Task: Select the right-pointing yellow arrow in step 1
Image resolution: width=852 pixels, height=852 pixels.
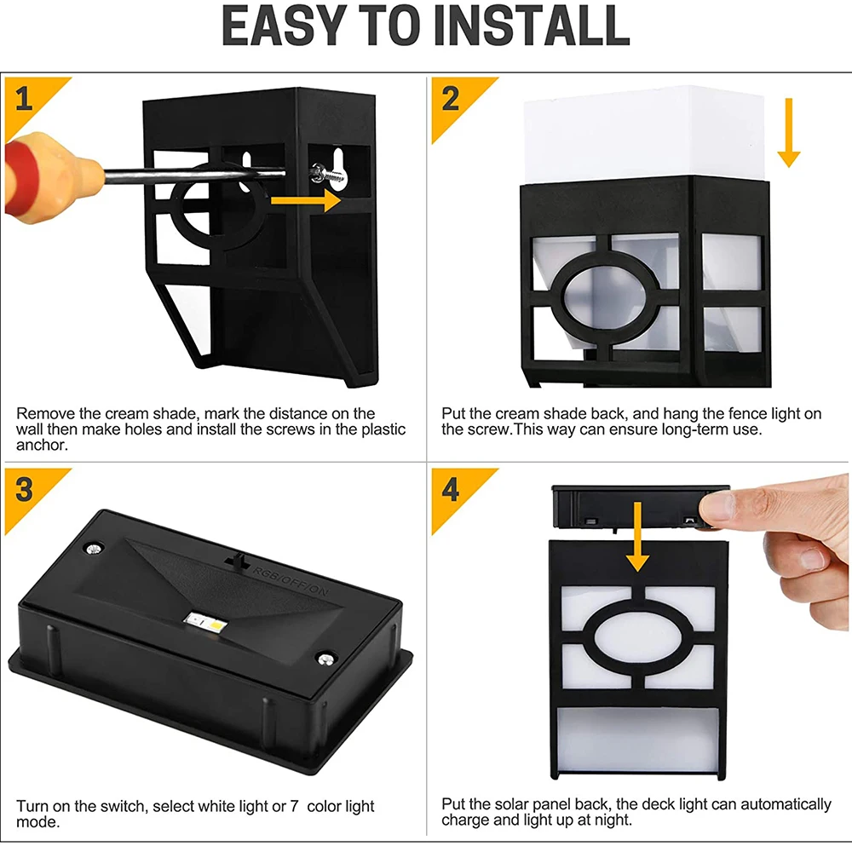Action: [x=305, y=200]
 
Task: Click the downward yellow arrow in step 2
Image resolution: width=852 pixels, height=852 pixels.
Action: [x=788, y=133]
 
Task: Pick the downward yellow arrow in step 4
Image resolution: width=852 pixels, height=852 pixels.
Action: [x=637, y=536]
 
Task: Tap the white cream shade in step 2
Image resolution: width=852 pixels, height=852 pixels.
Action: [x=644, y=133]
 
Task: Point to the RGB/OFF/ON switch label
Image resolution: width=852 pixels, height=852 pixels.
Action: [x=291, y=580]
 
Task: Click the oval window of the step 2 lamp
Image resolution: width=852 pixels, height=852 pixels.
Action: [x=607, y=296]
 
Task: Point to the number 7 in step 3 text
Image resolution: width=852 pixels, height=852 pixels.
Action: [x=294, y=806]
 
